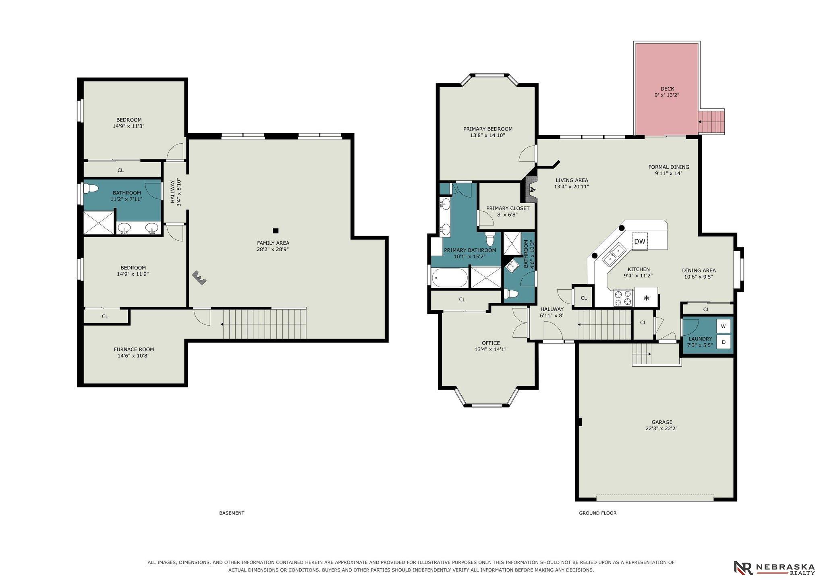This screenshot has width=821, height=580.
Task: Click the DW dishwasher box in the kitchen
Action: [640, 241]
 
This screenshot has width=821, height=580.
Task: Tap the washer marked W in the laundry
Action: [723, 326]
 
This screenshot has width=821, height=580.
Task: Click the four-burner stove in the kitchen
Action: [623, 298]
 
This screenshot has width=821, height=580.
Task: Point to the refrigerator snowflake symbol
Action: [647, 298]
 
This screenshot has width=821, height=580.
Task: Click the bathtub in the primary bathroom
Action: [450, 278]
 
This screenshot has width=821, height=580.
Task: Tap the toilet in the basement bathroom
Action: [91, 188]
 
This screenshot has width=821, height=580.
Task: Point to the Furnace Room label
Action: [134, 349]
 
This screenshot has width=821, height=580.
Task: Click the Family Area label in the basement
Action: [273, 243]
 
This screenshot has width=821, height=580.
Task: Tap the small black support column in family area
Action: [276, 231]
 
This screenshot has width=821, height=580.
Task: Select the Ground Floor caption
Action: [598, 513]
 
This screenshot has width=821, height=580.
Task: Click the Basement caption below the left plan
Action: [232, 513]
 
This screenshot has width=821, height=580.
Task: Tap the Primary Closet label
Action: [508, 208]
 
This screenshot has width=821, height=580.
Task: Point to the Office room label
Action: [491, 343]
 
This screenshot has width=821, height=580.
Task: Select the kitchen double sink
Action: [613, 254]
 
